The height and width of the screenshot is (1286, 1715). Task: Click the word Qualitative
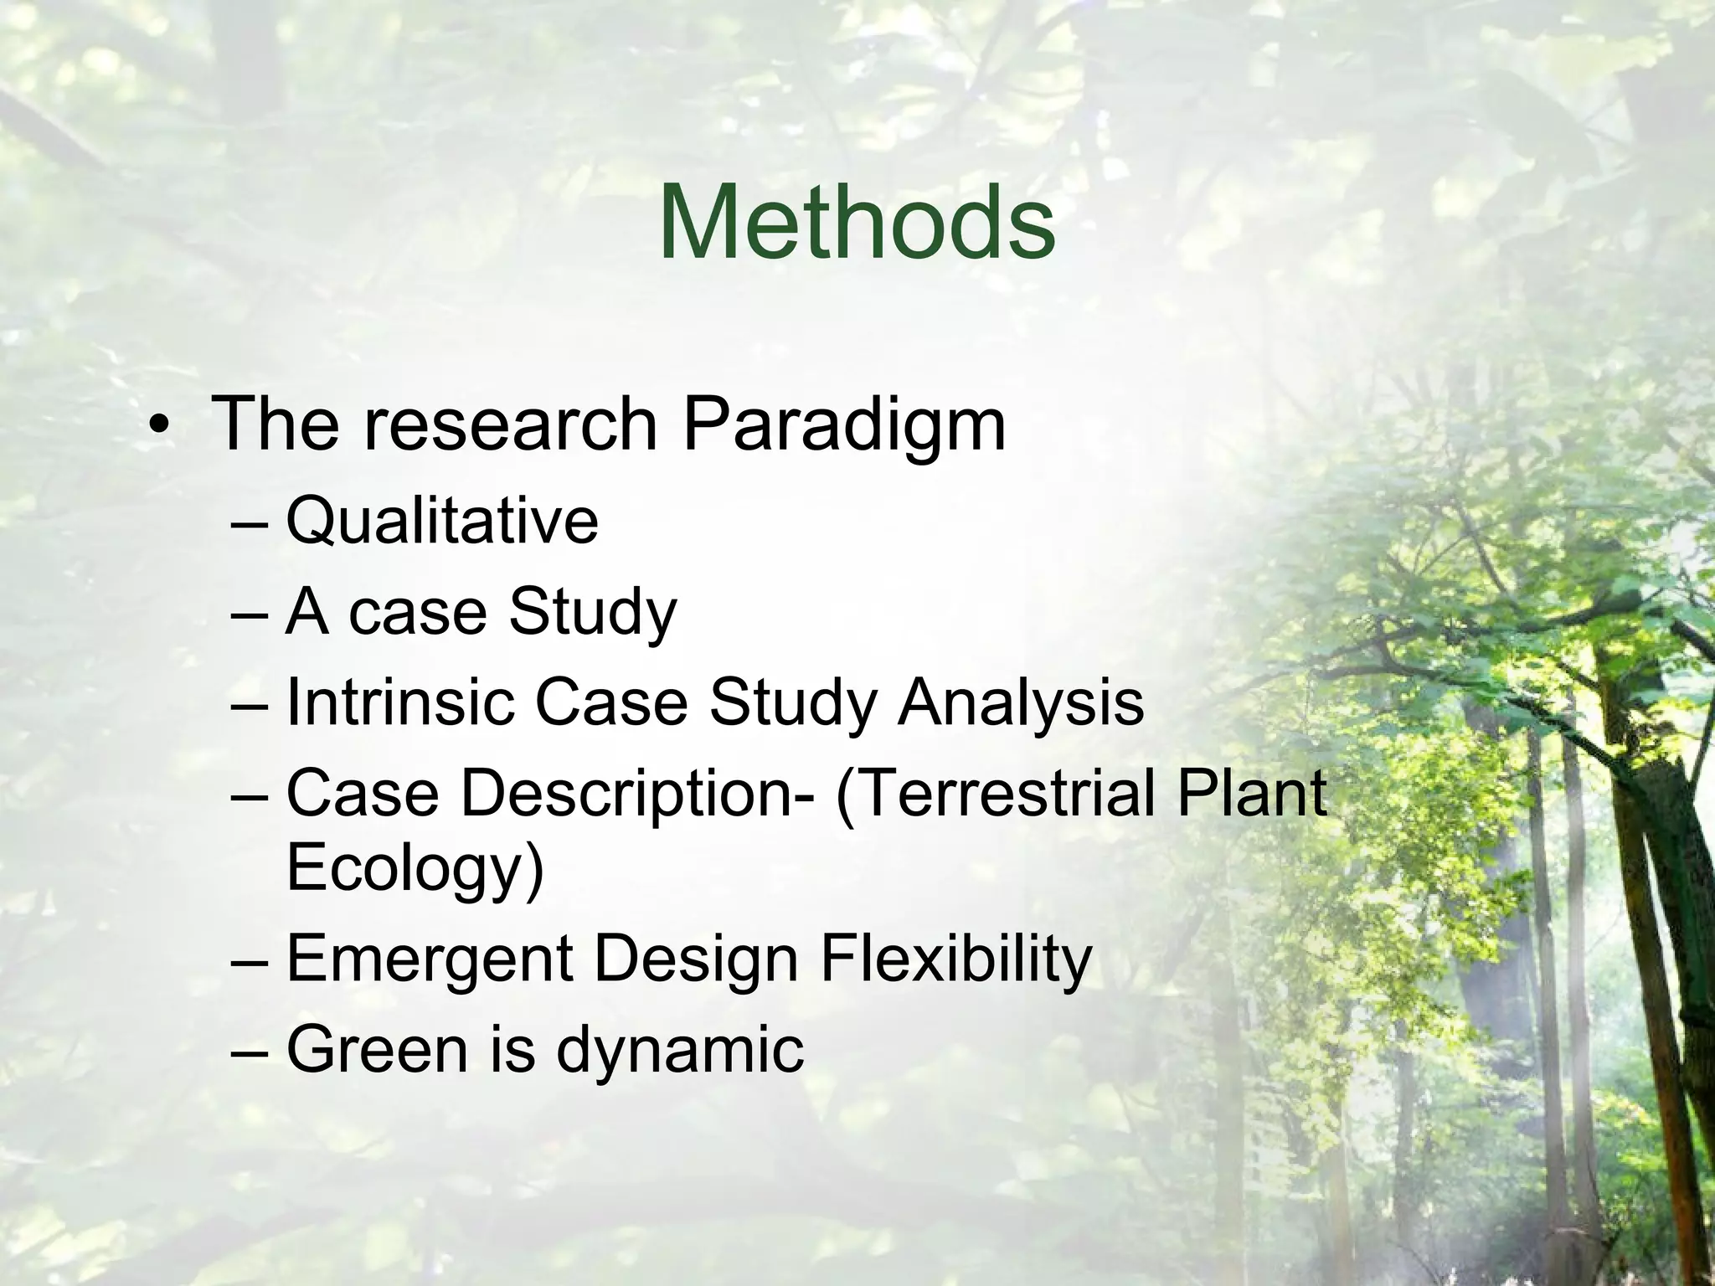442,522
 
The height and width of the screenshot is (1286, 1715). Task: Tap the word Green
377,1049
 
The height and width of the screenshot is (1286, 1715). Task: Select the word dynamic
679,1051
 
